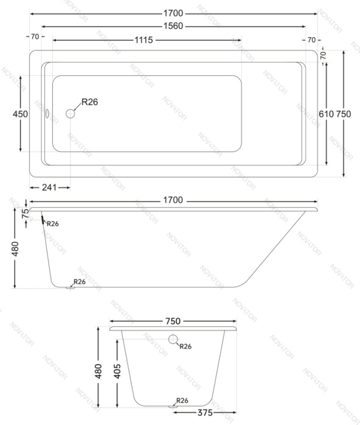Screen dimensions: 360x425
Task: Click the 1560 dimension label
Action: click(x=173, y=26)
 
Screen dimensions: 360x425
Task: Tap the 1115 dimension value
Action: click(x=144, y=40)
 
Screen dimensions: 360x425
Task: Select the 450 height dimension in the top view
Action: click(x=20, y=114)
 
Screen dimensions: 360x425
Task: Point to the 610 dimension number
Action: click(x=326, y=114)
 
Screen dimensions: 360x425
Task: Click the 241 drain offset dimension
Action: click(x=49, y=188)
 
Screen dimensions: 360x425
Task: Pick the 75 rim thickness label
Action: click(x=25, y=214)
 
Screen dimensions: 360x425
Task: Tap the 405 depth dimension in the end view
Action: click(x=117, y=371)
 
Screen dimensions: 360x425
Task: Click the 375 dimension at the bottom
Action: click(x=205, y=413)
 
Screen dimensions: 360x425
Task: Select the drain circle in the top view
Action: click(x=70, y=114)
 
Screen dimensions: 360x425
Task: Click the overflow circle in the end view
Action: click(x=173, y=339)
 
